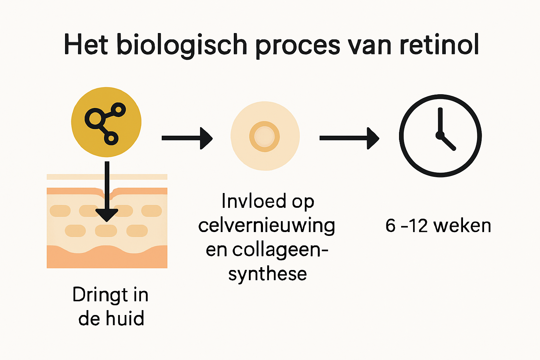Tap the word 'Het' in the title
coord(85,45)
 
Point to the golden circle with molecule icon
coord(106,122)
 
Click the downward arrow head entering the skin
coord(107,214)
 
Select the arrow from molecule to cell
coord(187,138)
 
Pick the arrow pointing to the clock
coord(349,138)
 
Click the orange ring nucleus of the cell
coord(264,136)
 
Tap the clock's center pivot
coord(439,135)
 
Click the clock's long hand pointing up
coord(440,120)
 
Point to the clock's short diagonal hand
coord(448,143)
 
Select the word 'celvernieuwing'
coord(266,225)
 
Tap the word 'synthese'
coord(268,274)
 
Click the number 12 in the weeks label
coord(418,226)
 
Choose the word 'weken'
coord(462,226)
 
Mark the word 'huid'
coord(125,319)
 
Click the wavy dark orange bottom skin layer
coord(107,258)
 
